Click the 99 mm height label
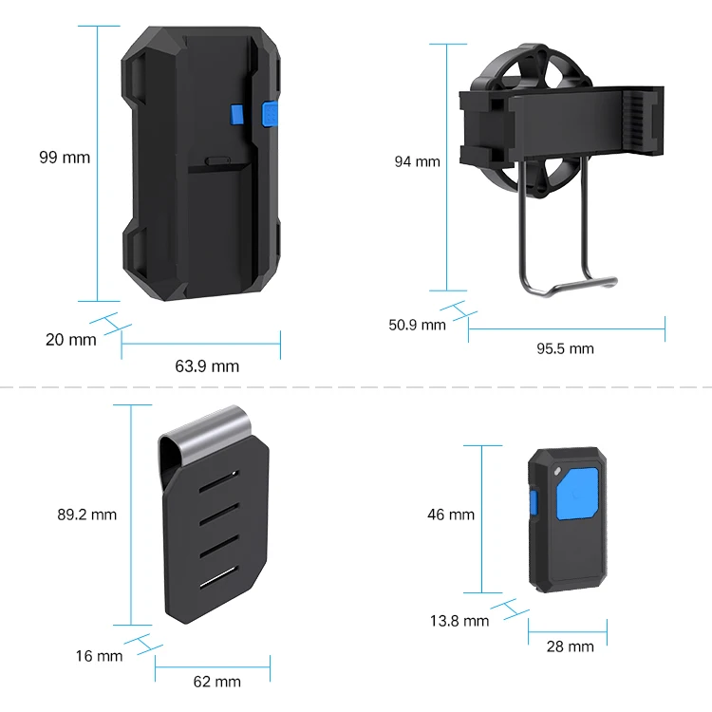pyautogui.click(x=65, y=158)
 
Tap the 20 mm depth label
pyautogui.click(x=70, y=339)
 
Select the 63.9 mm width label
pyautogui.click(x=208, y=365)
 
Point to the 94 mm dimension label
pyautogui.click(x=418, y=161)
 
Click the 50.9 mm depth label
pyautogui.click(x=417, y=325)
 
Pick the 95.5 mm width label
pyautogui.click(x=565, y=348)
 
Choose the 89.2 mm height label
pyautogui.click(x=86, y=515)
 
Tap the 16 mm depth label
pyautogui.click(x=100, y=655)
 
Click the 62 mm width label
pyautogui.click(x=217, y=681)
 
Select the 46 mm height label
pyautogui.click(x=450, y=515)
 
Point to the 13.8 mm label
pyautogui.click(x=459, y=621)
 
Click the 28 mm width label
pyautogui.click(x=570, y=646)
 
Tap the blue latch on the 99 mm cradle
pyautogui.click(x=268, y=114)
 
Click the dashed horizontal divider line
pyautogui.click(x=356, y=387)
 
